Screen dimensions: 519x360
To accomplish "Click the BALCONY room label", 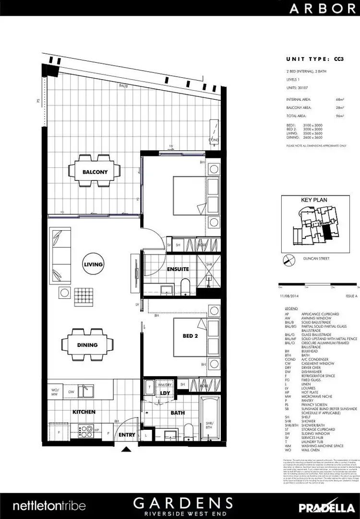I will (95, 172).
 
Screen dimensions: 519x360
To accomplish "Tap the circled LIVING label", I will (93, 264).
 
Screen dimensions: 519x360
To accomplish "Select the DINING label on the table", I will (87, 344).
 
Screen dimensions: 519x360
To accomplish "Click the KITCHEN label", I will (84, 412).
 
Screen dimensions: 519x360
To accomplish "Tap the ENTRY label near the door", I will (127, 435).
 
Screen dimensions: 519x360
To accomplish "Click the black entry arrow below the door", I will (127, 449).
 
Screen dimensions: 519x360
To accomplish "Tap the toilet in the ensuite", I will (185, 287).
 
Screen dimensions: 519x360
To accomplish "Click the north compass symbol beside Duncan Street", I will (287, 259).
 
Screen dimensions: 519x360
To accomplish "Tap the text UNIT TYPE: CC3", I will (314, 59).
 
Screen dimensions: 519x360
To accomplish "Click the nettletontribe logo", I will (49, 506).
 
